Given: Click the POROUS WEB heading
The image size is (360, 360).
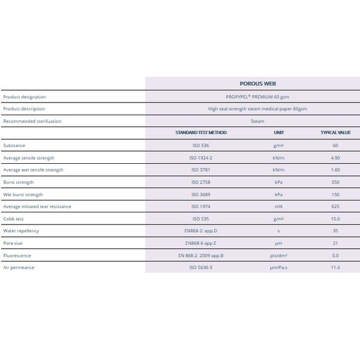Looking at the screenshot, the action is pyautogui.click(x=257, y=83).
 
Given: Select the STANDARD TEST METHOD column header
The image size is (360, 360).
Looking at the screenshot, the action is pyautogui.click(x=201, y=133).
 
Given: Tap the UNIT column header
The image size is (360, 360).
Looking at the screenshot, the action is pyautogui.click(x=279, y=133).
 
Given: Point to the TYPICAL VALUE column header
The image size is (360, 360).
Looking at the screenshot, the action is pyautogui.click(x=335, y=133).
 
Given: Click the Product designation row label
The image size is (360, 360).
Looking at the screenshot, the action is pyautogui.click(x=25, y=97).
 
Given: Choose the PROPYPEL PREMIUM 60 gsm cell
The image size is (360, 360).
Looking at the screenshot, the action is pyautogui.click(x=257, y=97).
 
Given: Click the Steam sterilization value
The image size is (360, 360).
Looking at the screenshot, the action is pyautogui.click(x=257, y=121).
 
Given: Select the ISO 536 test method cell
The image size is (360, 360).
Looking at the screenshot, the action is pyautogui.click(x=200, y=145).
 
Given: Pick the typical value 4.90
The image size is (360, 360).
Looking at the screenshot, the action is pyautogui.click(x=335, y=158).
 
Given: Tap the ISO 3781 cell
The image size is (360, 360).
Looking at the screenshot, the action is pyautogui.click(x=200, y=170).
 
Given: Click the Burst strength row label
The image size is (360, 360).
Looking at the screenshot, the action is pyautogui.click(x=19, y=182).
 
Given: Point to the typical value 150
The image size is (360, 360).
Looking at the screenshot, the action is pyautogui.click(x=335, y=194).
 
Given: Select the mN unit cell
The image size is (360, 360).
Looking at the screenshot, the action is pyautogui.click(x=278, y=206).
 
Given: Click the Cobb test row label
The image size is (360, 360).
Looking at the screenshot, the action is pyautogui.click(x=13, y=219).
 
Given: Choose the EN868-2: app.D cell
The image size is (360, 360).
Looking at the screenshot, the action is pyautogui.click(x=200, y=231).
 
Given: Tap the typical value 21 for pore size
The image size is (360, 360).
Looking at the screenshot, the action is pyautogui.click(x=335, y=243).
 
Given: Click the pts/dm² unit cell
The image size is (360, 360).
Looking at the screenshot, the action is pyautogui.click(x=278, y=256).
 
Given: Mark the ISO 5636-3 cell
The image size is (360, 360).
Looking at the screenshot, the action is pyautogui.click(x=200, y=268).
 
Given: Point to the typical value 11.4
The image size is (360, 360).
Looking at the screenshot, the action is pyautogui.click(x=335, y=268).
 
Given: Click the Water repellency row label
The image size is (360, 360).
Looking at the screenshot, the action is pyautogui.click(x=21, y=231).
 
